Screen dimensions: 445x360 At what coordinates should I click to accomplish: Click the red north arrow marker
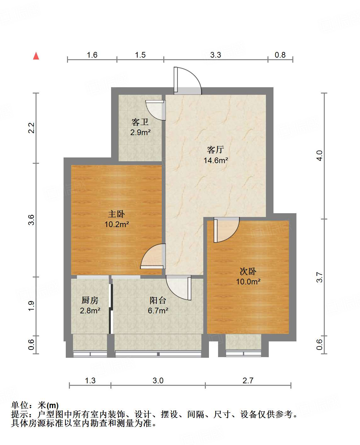click(x=36, y=56)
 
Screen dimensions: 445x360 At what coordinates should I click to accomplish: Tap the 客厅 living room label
click(x=216, y=150)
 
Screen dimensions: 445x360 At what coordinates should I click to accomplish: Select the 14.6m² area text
click(x=216, y=160)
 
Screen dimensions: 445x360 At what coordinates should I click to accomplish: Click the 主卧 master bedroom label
click(x=116, y=214)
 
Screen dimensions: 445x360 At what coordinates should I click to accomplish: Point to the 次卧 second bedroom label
click(x=248, y=271)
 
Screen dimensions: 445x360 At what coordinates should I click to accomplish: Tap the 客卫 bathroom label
click(x=140, y=122)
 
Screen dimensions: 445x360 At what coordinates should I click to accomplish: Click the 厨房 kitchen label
click(x=90, y=300)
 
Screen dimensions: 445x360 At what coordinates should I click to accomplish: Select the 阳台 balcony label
click(x=158, y=300)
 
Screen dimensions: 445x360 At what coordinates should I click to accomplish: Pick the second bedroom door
click(x=226, y=230)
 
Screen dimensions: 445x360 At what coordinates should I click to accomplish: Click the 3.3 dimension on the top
click(x=216, y=55)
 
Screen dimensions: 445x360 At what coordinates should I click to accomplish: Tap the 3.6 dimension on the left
click(x=31, y=220)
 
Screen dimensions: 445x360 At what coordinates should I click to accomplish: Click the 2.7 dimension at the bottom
click(x=248, y=380)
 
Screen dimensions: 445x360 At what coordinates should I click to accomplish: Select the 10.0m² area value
click(x=248, y=282)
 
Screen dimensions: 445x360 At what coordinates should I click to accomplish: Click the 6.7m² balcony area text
click(x=158, y=311)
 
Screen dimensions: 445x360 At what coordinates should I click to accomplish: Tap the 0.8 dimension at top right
click(x=280, y=55)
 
